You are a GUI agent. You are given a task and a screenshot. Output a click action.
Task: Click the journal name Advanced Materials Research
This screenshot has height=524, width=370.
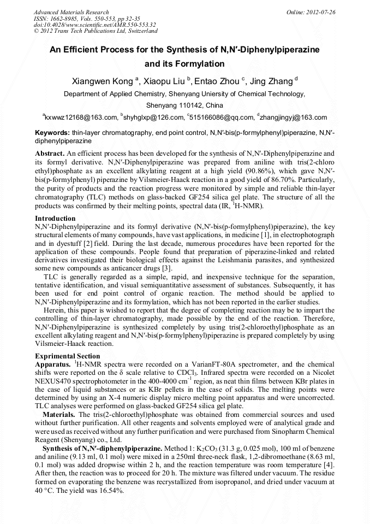pyautogui.click(x=71, y=11)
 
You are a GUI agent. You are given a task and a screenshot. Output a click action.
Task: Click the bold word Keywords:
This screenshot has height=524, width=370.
pyautogui.click(x=52, y=133)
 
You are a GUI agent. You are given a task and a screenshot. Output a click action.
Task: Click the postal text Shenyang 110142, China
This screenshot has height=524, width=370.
pyautogui.click(x=184, y=105)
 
